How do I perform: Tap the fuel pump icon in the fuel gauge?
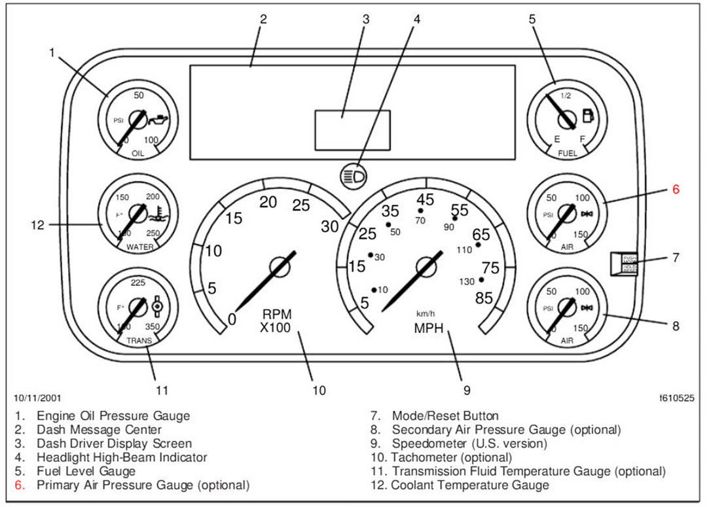pos(587,116)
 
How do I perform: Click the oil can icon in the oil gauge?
pos(158,120)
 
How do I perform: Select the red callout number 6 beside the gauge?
pos(676,190)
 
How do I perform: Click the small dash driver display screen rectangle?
pos(352,130)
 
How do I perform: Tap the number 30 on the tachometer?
pos(331,227)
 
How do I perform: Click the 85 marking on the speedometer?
pos(484,298)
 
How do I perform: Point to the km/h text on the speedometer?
pos(426,313)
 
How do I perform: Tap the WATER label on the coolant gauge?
pos(139,247)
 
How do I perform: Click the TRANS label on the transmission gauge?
pos(139,341)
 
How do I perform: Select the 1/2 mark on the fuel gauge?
pos(566,95)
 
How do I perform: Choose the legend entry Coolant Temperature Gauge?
pos(470,485)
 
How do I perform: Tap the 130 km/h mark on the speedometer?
pos(467,281)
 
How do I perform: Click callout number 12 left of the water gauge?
pos(37,225)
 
